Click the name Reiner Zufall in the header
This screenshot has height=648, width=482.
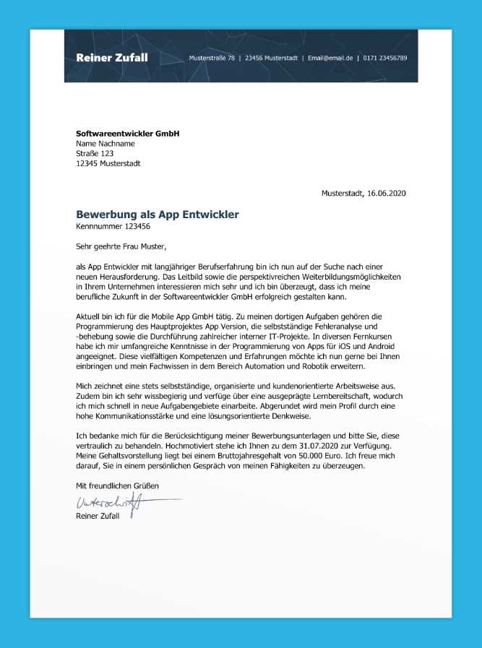tap(112, 58)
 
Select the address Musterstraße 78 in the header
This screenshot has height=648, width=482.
tap(212, 58)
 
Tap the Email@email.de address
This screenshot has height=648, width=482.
tap(330, 58)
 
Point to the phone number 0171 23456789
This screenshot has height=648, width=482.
tap(385, 58)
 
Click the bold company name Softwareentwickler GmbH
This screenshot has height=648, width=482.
tap(127, 134)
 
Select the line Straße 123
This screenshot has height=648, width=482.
tap(95, 153)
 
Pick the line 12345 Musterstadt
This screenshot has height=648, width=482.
tap(108, 163)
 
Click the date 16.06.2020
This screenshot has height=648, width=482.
tap(387, 194)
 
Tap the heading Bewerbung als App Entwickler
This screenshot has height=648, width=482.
tap(157, 215)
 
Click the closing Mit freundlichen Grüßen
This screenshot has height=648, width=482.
tap(117, 485)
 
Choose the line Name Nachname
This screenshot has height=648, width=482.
tap(106, 144)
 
